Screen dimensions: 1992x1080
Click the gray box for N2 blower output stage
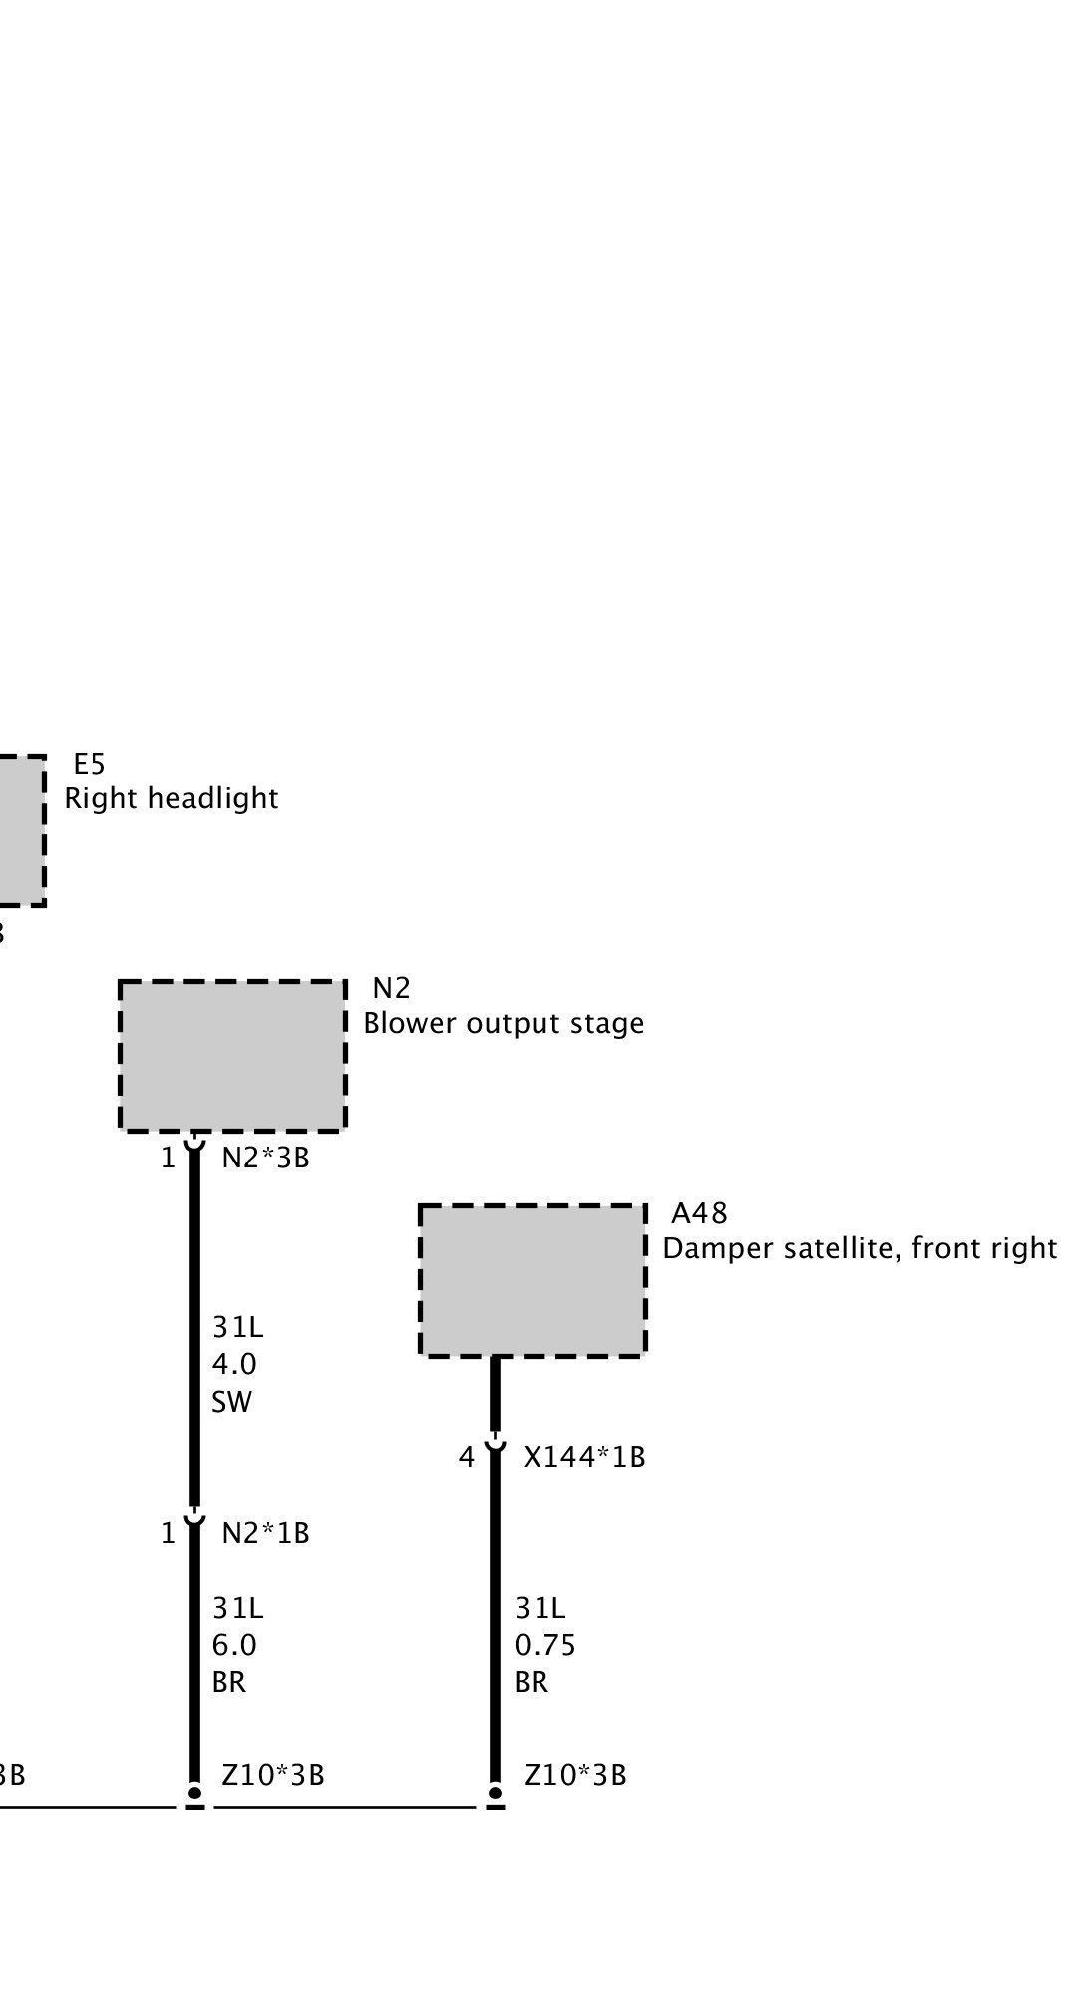coord(232,1056)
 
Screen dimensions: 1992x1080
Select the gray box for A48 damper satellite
coord(533,1281)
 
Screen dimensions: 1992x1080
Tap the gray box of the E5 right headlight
coord(20,830)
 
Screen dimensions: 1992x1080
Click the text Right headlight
coord(171,798)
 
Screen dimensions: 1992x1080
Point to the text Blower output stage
coord(504,1024)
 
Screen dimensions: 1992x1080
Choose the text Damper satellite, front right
coord(859,1248)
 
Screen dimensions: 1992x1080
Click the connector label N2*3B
coord(265,1159)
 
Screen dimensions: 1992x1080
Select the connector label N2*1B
coord(265,1533)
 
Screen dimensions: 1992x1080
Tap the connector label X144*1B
coord(584,1458)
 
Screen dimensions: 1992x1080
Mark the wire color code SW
coord(232,1402)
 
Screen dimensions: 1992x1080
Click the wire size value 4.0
coord(234,1364)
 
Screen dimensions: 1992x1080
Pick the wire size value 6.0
coord(234,1645)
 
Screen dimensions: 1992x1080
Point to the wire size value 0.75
coord(544,1645)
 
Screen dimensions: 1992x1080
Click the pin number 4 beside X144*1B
coord(467,1458)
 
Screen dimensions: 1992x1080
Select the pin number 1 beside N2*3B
coord(169,1159)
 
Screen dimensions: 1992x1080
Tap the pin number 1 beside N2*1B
coord(169,1533)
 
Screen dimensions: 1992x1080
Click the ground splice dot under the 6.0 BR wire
coord(194,1793)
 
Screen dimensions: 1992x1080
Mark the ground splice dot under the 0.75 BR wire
coord(495,1793)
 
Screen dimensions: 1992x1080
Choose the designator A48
coord(699,1213)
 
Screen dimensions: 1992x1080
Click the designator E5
coord(89,764)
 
